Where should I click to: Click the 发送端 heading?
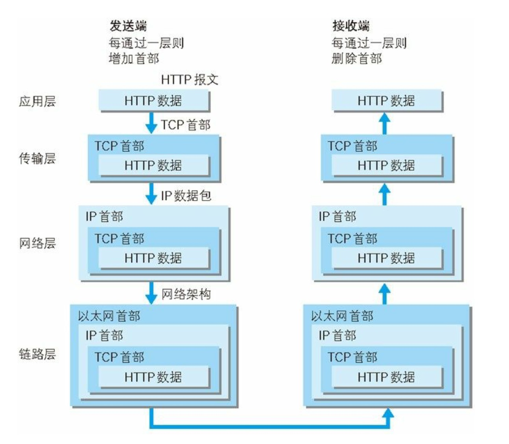[128, 26]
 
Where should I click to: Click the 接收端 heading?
[351, 26]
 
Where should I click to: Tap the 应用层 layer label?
[37, 102]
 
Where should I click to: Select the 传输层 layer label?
[37, 159]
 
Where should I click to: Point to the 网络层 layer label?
[37, 243]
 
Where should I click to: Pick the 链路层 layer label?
[37, 354]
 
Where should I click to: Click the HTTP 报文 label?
[190, 80]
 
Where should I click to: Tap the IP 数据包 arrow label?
[186, 196]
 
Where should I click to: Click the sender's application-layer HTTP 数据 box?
[153, 101]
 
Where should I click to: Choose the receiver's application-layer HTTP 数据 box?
[387, 101]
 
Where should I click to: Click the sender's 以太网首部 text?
[109, 316]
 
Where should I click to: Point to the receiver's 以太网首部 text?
[342, 316]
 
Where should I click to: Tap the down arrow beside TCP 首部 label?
[151, 124]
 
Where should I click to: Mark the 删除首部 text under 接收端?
[357, 59]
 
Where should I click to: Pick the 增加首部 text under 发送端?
[134, 59]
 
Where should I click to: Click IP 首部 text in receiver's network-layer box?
[337, 216]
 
